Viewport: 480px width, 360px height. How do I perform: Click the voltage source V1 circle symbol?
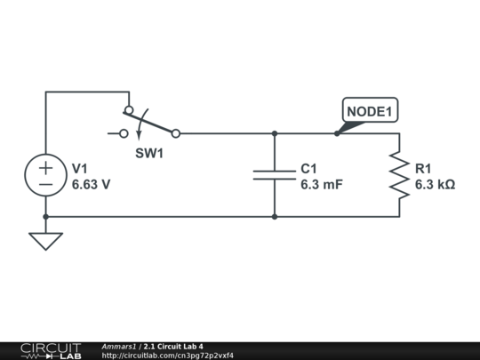45,175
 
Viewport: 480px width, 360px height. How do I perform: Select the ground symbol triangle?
45,240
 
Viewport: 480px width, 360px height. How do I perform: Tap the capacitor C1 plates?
275,175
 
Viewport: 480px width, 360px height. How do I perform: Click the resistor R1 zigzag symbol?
399,175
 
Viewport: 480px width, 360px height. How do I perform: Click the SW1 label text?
149,154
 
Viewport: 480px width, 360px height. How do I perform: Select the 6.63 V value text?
91,185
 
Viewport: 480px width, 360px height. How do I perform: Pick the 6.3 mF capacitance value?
321,185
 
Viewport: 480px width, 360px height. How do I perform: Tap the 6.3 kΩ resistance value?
435,185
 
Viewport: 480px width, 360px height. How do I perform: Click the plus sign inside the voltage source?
45,166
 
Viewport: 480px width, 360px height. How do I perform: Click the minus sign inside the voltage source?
45,184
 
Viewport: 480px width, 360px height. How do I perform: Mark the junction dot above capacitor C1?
275,133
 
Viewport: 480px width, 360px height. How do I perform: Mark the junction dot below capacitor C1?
275,216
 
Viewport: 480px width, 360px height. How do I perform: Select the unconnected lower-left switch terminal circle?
124,133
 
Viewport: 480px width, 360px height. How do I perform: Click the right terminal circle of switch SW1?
175,133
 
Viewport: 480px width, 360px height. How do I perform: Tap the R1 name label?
423,169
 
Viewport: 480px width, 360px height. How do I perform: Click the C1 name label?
308,169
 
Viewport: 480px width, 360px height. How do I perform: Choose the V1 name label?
80,169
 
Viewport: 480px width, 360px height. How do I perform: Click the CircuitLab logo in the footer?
51,350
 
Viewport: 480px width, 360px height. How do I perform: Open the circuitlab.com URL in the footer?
168,356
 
